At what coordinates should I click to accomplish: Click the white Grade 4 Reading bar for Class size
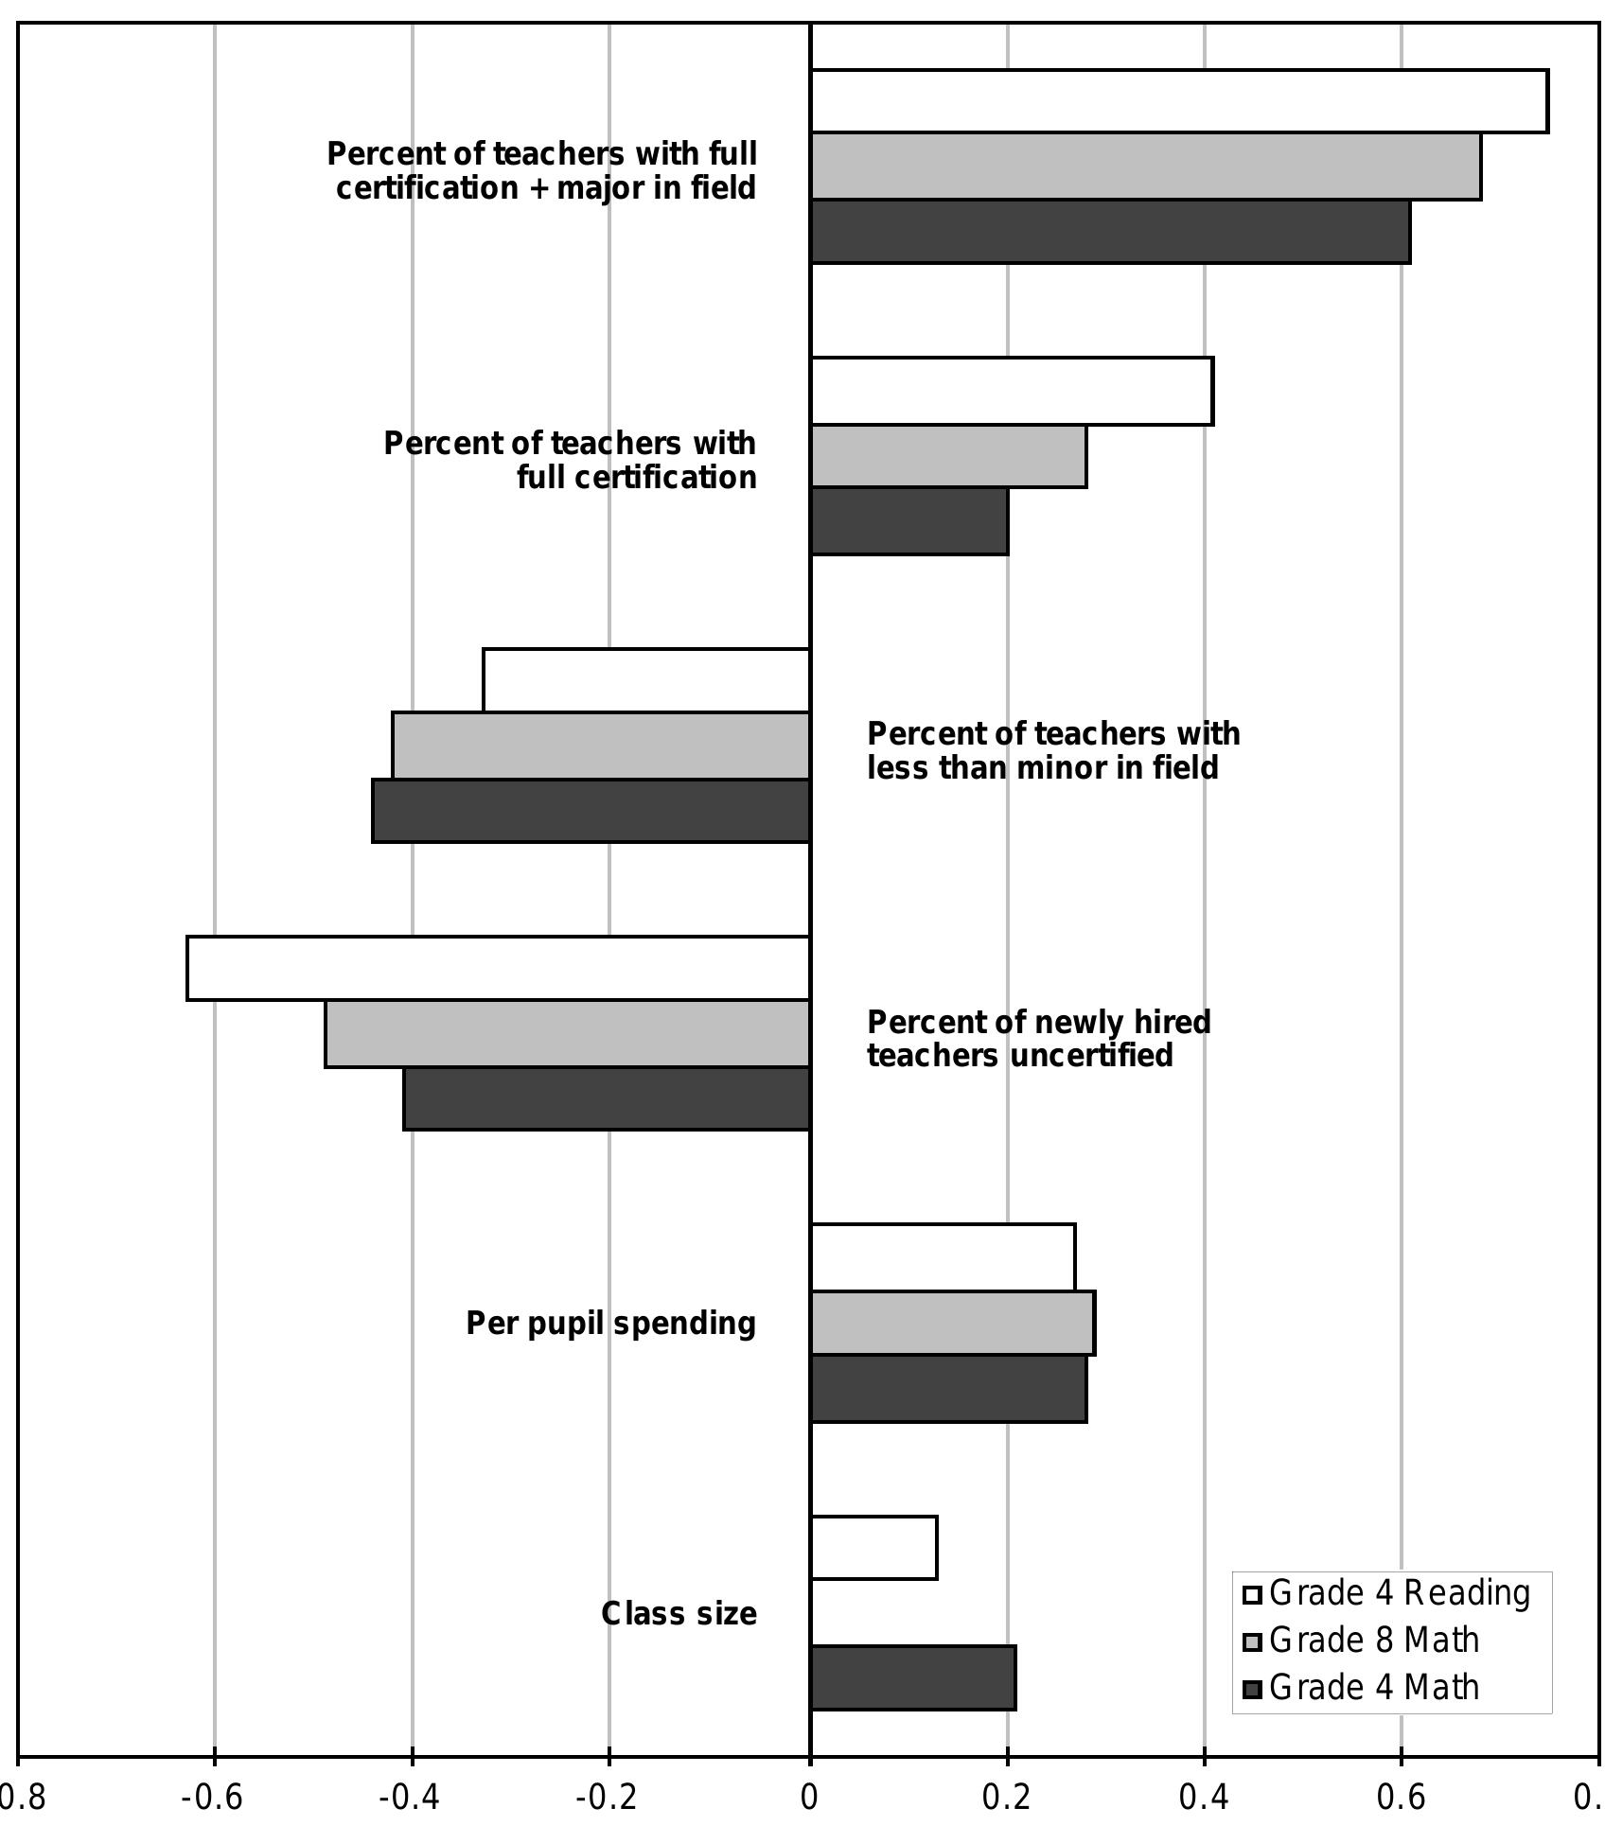[873, 1548]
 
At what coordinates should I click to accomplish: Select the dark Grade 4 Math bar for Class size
[913, 1677]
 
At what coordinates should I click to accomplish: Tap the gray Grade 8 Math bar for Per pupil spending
[952, 1323]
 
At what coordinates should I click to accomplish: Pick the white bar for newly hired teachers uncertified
[499, 968]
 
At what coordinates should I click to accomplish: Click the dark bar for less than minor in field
[591, 811]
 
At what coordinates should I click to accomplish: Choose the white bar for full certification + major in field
[1179, 101]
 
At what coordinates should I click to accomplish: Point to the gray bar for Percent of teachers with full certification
[948, 457]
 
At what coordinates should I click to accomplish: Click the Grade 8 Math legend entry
[1373, 1641]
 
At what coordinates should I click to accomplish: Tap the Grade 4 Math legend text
[1373, 1688]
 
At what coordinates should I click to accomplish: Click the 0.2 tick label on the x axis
[1006, 1797]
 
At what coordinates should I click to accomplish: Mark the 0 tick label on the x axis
[809, 1797]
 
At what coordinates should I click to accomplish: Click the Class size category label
[679, 1614]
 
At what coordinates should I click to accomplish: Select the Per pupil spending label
[610, 1324]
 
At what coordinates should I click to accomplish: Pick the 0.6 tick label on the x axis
[1401, 1797]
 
